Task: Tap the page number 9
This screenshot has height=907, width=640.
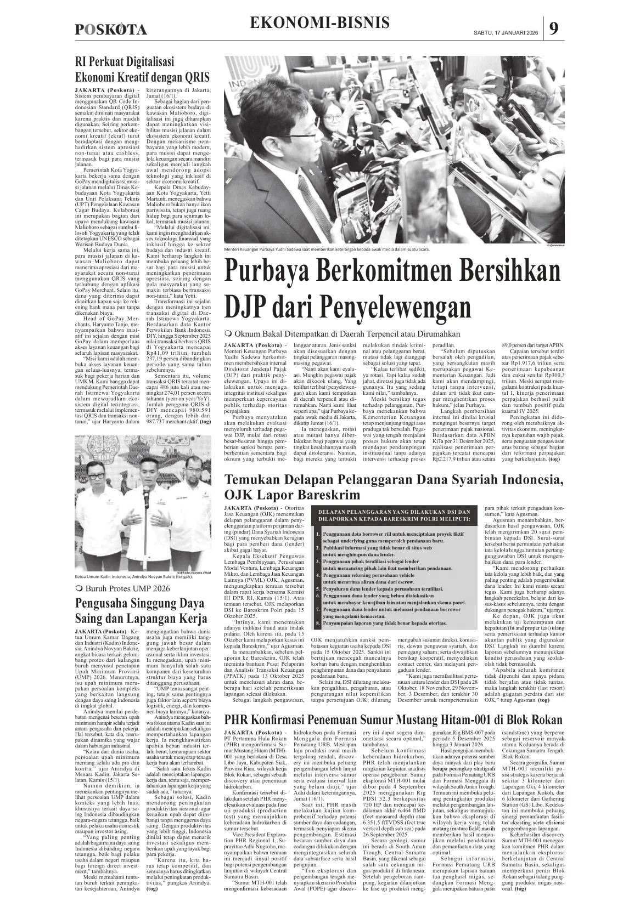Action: [554, 29]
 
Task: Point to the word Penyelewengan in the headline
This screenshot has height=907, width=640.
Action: [397, 305]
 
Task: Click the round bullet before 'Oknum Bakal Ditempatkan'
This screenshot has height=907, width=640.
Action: [228, 334]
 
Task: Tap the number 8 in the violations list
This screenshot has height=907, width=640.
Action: [318, 624]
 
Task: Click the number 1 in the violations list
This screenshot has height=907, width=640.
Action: [318, 534]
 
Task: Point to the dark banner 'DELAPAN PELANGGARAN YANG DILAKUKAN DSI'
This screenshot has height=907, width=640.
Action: [394, 515]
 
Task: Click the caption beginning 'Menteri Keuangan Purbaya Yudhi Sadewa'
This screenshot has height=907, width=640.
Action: [327, 249]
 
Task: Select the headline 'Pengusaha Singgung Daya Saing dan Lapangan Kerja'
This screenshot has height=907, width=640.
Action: [141, 611]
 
